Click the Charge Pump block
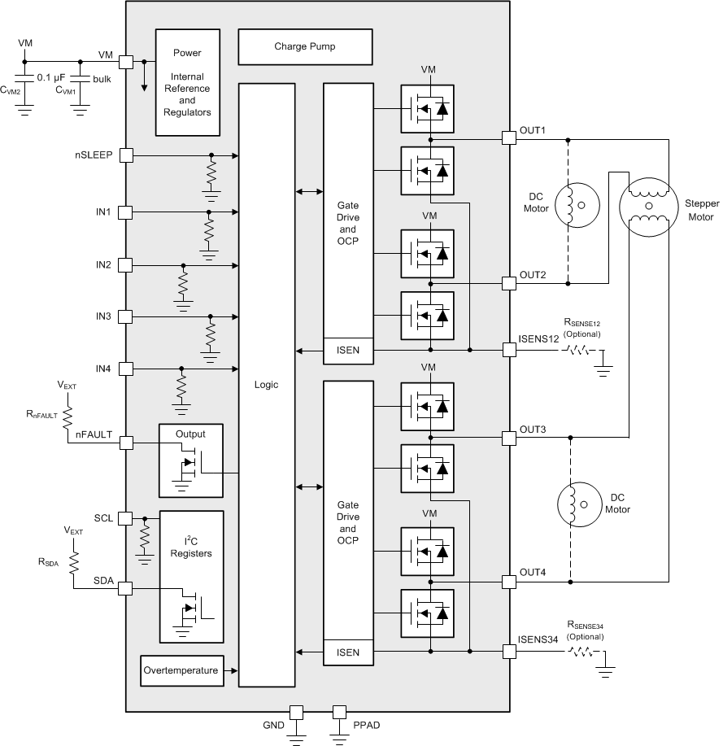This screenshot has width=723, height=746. tap(304, 47)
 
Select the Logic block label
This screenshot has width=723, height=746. tap(266, 385)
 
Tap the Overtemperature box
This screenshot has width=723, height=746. tap(181, 670)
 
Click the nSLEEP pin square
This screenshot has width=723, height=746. tap(126, 155)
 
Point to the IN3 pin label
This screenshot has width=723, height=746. tap(102, 316)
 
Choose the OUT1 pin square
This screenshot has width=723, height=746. tap(509, 138)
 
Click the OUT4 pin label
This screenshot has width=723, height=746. tap(533, 572)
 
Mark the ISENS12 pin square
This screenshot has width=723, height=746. tap(509, 350)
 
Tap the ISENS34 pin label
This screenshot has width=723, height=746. tap(538, 640)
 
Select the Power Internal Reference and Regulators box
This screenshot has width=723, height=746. tap(187, 82)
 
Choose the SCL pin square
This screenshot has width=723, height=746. tap(126, 518)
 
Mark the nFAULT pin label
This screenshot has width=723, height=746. tap(94, 434)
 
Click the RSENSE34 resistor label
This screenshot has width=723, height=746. tap(586, 626)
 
